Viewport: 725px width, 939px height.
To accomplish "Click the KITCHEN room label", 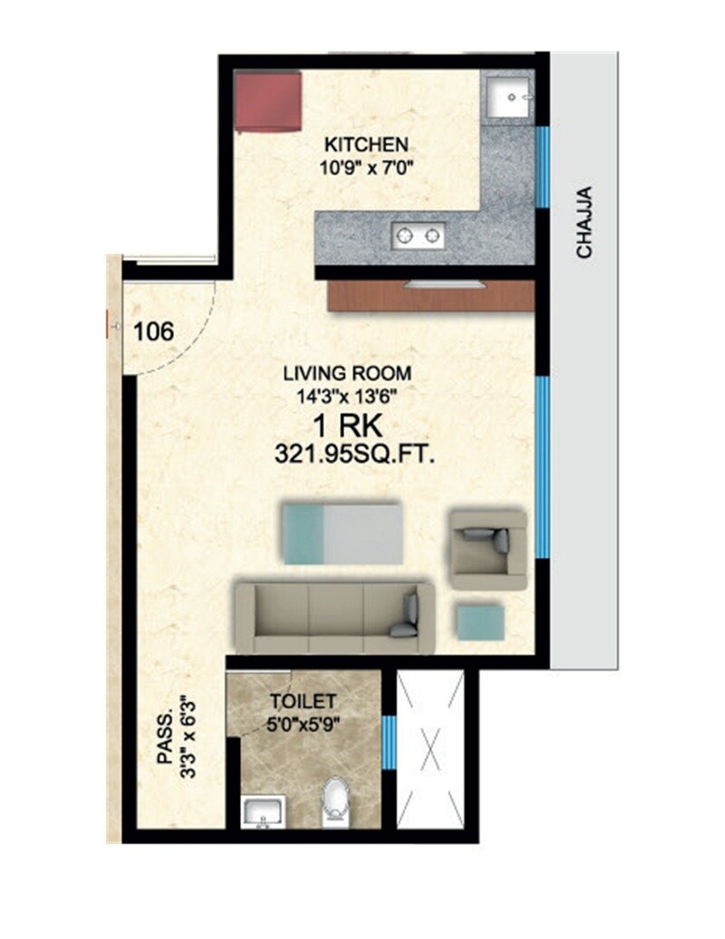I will tap(367, 144).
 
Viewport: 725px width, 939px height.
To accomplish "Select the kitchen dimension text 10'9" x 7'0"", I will tap(367, 166).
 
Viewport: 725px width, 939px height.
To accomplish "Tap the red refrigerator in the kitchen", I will tap(267, 101).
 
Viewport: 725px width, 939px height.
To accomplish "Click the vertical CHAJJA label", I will tap(585, 223).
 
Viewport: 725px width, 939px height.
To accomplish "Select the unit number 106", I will tap(153, 331).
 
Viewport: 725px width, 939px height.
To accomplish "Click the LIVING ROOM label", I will tap(347, 372).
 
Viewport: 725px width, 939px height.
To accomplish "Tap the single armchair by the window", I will tap(489, 542).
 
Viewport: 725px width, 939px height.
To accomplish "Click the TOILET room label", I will tap(304, 700).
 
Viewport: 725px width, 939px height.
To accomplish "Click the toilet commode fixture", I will tap(336, 800).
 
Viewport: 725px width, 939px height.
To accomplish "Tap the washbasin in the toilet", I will tap(263, 812).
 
